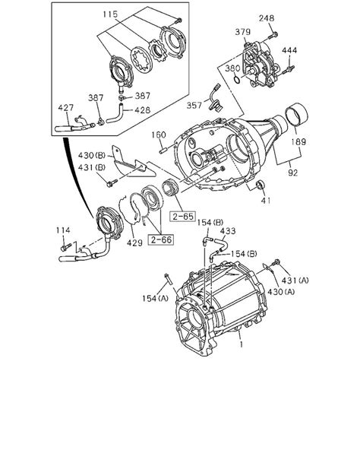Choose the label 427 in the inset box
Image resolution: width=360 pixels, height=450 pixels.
click(x=68, y=108)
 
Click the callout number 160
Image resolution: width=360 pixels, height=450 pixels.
click(x=157, y=135)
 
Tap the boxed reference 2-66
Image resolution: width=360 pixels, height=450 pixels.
click(x=159, y=240)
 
